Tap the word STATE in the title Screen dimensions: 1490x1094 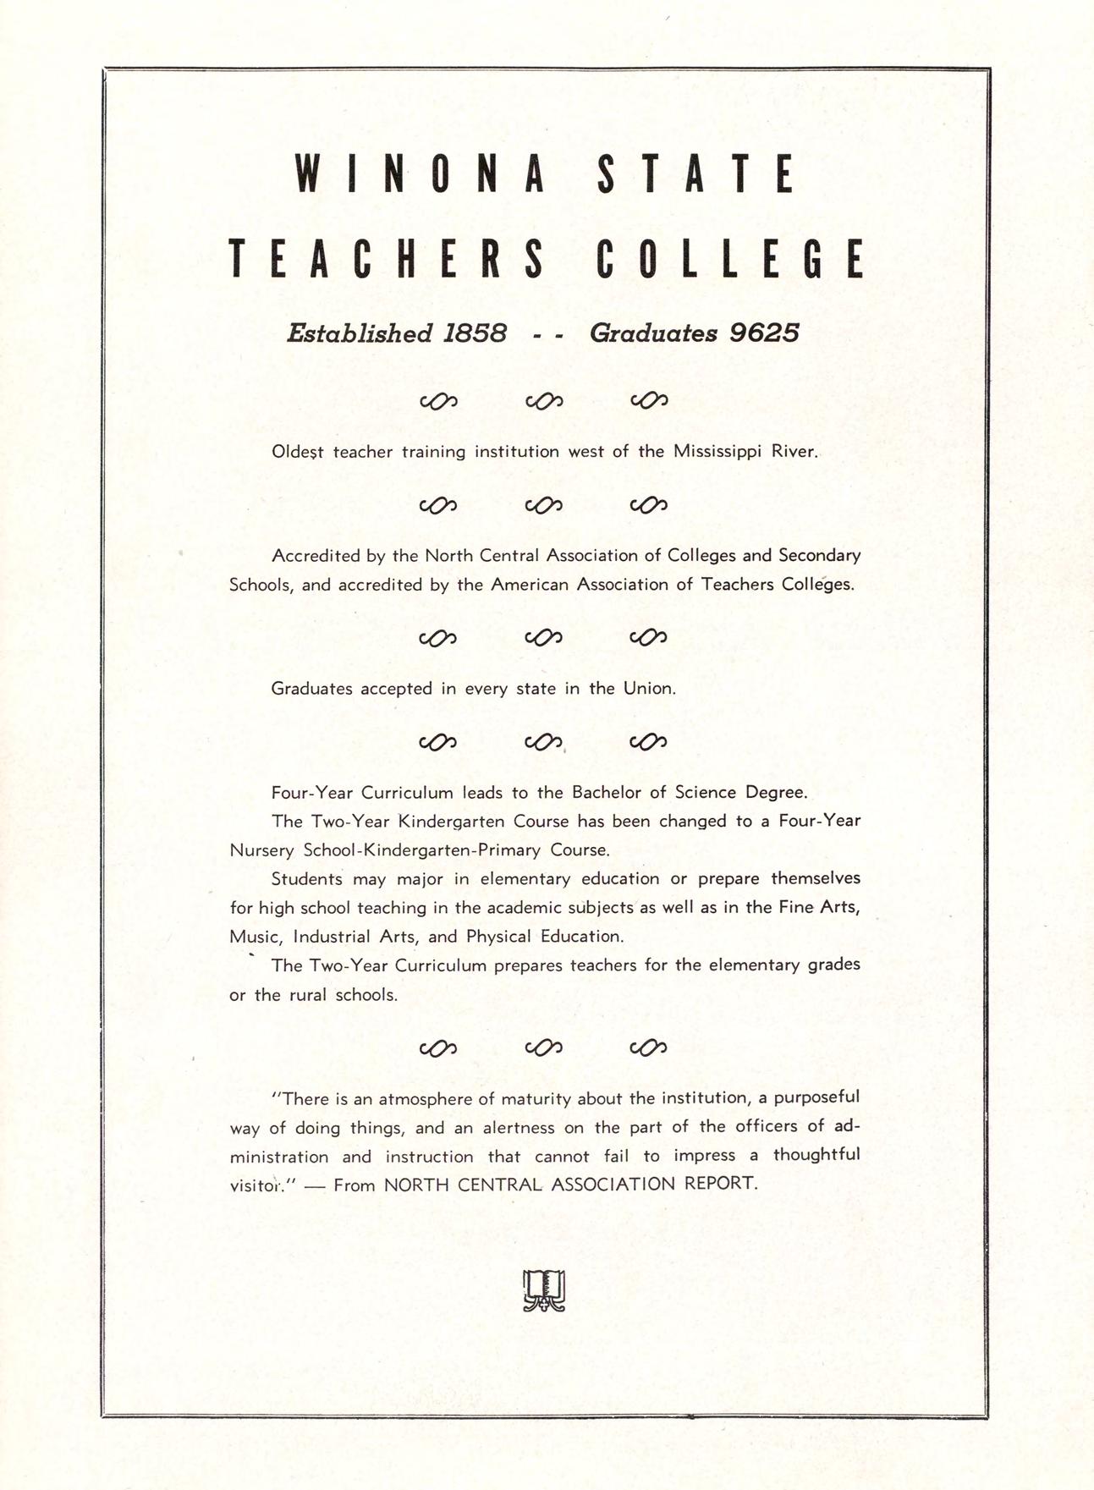[x=695, y=174]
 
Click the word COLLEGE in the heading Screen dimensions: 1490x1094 [x=730, y=259]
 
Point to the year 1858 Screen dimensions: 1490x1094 [x=475, y=333]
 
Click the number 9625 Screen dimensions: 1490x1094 [x=764, y=333]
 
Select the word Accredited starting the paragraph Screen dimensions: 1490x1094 [x=314, y=556]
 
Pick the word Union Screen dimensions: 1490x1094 [x=649, y=689]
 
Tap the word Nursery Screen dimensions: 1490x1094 [x=261, y=849]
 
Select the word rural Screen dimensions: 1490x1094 [x=308, y=995]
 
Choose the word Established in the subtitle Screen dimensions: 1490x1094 [x=360, y=333]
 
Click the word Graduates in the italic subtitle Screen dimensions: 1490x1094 [x=653, y=333]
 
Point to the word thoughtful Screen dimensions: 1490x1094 [x=816, y=1155]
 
